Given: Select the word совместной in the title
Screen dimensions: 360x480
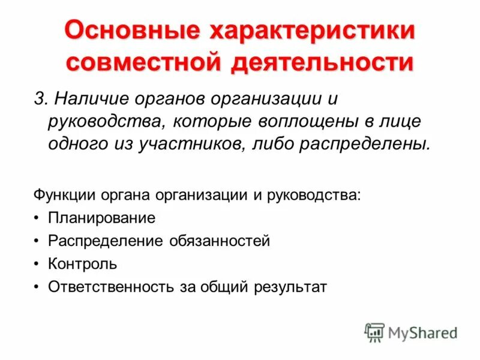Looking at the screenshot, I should tap(142, 63).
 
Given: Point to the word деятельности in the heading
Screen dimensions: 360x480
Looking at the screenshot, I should tap(321, 63).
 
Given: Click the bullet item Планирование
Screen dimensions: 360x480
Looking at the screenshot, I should tap(102, 218).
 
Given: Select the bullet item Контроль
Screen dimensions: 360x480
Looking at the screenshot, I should tap(83, 264).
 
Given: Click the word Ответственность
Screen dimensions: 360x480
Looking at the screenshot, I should tap(111, 287).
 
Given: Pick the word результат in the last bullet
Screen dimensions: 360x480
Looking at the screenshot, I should tap(290, 287).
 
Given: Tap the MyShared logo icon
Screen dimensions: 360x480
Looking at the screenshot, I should tap(374, 332).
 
